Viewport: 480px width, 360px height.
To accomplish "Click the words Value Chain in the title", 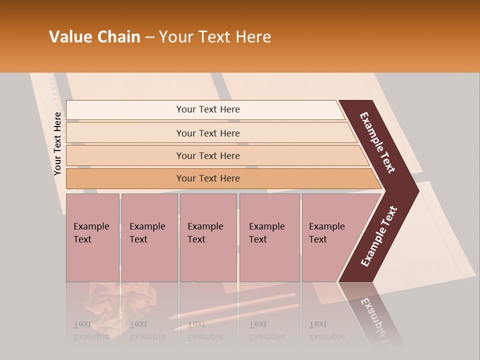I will (x=94, y=37).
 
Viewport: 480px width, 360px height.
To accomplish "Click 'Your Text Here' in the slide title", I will (x=215, y=37).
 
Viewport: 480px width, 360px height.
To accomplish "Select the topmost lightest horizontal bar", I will (x=205, y=110).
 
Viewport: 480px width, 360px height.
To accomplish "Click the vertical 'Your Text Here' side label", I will (x=57, y=143).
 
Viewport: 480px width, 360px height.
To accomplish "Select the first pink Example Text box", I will (x=92, y=237).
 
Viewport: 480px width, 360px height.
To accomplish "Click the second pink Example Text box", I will (x=149, y=237).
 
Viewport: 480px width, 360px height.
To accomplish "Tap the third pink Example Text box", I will (x=208, y=237).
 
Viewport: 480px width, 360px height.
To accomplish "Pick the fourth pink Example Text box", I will (x=269, y=237).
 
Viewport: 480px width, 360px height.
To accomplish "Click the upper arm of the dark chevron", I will (x=378, y=142).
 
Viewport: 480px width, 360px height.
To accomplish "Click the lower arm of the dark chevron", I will (x=379, y=236).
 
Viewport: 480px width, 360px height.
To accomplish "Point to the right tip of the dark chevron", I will (x=416, y=190).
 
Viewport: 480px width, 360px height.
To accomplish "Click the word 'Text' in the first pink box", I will (x=82, y=239).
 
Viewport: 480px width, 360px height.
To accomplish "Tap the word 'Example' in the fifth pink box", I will (x=327, y=226).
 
